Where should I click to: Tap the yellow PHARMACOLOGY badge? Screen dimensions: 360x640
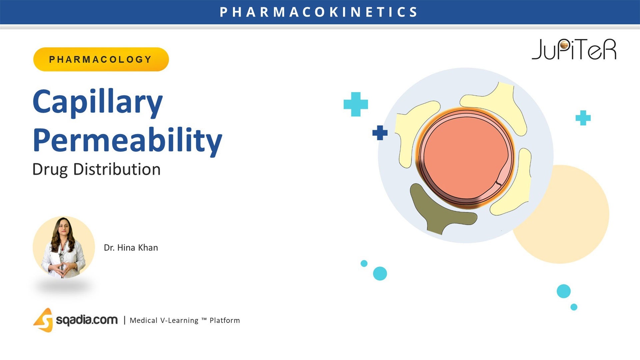point(101,59)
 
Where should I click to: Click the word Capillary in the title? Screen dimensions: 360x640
point(98,102)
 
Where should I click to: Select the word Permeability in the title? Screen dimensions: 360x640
point(127,140)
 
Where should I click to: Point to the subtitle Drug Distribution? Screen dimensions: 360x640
point(96,169)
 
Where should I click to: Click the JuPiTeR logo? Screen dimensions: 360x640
point(574,50)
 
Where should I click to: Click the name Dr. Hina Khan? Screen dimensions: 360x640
point(131,248)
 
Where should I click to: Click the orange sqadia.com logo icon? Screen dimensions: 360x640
point(44,320)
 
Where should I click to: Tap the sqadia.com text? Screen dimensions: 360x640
point(87,320)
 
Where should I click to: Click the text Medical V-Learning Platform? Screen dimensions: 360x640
point(185,320)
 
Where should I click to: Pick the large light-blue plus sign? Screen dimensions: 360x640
point(356,104)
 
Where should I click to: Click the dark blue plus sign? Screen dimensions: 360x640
point(380,133)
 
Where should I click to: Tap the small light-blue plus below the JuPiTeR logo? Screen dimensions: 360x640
point(583,118)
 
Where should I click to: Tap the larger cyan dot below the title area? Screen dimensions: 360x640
point(380,273)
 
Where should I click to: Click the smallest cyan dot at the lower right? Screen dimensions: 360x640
point(574,307)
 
